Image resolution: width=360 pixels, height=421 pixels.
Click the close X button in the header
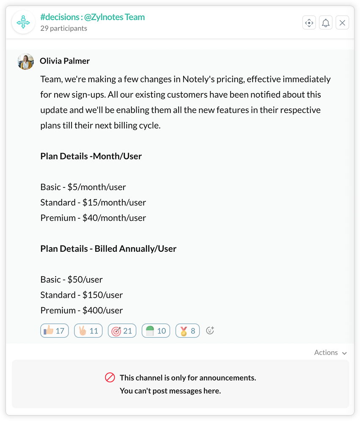pyautogui.click(x=342, y=23)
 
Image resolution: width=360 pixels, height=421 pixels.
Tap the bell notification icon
pyautogui.click(x=326, y=23)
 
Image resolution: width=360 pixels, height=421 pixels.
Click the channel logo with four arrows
pyautogui.click(x=23, y=22)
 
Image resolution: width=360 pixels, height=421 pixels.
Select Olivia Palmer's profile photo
pyautogui.click(x=25, y=62)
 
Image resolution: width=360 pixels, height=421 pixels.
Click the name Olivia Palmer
pyautogui.click(x=65, y=61)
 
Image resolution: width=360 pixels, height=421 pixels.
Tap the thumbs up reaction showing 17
pyautogui.click(x=55, y=331)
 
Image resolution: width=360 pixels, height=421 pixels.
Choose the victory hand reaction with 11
pyautogui.click(x=88, y=331)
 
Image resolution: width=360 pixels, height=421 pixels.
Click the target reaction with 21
pyautogui.click(x=122, y=331)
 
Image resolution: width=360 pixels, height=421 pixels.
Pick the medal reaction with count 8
pyautogui.click(x=187, y=331)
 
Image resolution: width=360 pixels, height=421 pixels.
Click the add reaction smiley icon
pyautogui.click(x=210, y=330)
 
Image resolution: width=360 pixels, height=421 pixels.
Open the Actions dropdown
pyautogui.click(x=330, y=352)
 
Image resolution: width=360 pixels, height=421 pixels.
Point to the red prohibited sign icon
pyautogui.click(x=110, y=377)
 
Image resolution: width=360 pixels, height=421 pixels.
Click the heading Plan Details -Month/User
pyautogui.click(x=91, y=156)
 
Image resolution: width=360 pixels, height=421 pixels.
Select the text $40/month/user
pyautogui.click(x=114, y=218)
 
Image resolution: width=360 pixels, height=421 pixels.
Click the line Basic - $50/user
pyautogui.click(x=71, y=279)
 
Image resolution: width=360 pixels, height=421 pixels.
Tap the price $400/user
pyautogui.click(x=102, y=310)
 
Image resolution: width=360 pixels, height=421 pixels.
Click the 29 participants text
pyautogui.click(x=64, y=28)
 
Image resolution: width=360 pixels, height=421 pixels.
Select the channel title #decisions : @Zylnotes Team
pyautogui.click(x=92, y=17)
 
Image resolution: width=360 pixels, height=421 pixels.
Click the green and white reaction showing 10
pyautogui.click(x=156, y=331)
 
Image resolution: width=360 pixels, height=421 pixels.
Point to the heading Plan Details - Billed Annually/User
pyautogui.click(x=108, y=249)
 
